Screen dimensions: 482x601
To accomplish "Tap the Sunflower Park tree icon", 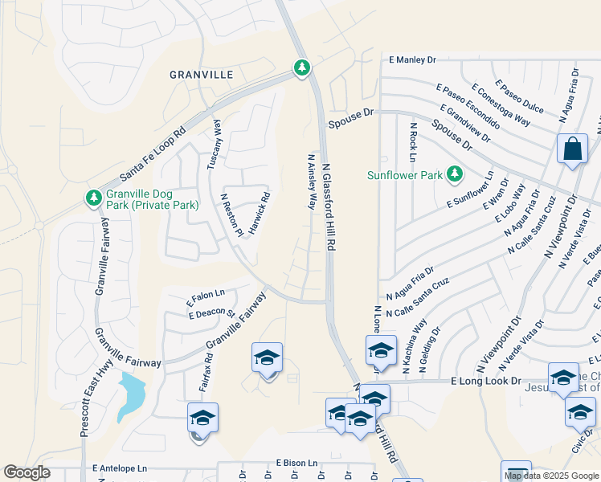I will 455,174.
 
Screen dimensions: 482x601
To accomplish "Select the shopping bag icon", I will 571,149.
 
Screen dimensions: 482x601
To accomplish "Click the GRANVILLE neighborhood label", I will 201,75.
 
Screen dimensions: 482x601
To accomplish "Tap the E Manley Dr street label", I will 412,59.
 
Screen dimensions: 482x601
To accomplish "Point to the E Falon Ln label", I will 206,295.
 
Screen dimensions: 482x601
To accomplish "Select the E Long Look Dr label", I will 486,381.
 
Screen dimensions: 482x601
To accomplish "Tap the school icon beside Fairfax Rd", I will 202,418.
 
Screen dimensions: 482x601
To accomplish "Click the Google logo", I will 27,472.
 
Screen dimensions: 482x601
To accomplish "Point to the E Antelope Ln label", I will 121,468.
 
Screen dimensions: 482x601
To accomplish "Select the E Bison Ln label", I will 297,464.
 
